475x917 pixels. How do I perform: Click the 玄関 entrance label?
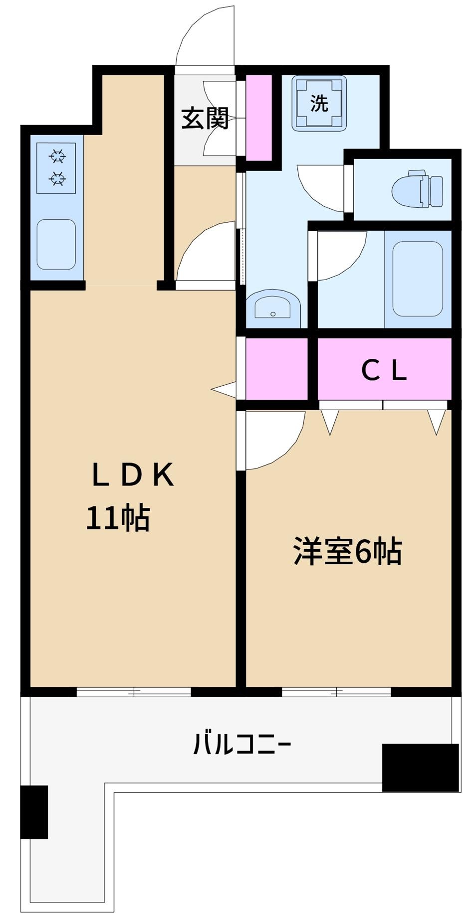point(205,118)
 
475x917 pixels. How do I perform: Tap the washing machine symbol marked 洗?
point(319,103)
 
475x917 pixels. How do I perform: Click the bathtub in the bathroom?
point(418,279)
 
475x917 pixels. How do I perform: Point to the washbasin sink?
point(273,307)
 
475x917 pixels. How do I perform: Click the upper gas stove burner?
point(57,157)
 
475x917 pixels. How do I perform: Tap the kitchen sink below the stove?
point(56,244)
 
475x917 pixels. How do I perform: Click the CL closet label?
point(384,370)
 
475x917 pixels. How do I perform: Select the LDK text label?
point(133,475)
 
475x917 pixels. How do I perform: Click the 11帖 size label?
point(118,518)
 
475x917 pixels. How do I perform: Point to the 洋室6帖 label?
point(347,551)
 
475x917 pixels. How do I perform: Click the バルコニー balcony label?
point(242,745)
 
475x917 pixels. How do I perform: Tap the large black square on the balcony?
point(420,767)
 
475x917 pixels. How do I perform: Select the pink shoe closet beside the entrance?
point(259,118)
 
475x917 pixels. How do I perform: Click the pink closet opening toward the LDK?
point(276,369)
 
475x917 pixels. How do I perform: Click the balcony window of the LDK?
point(134,692)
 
